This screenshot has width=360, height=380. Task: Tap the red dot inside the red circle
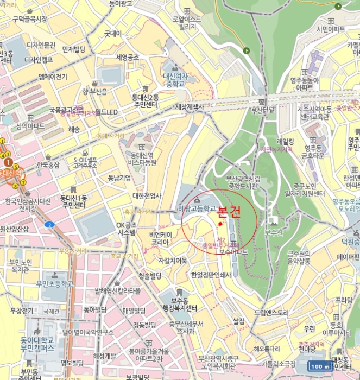(x=220, y=224)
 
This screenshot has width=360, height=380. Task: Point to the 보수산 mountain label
(x=273, y=232)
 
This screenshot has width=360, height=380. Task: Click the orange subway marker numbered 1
(x=8, y=162)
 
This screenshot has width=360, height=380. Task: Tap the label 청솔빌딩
(x=150, y=276)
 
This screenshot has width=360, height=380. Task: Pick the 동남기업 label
(x=119, y=178)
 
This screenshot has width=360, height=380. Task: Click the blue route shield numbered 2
(x=50, y=224)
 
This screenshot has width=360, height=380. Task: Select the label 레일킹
(x=285, y=141)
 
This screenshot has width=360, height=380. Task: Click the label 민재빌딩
(x=74, y=49)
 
